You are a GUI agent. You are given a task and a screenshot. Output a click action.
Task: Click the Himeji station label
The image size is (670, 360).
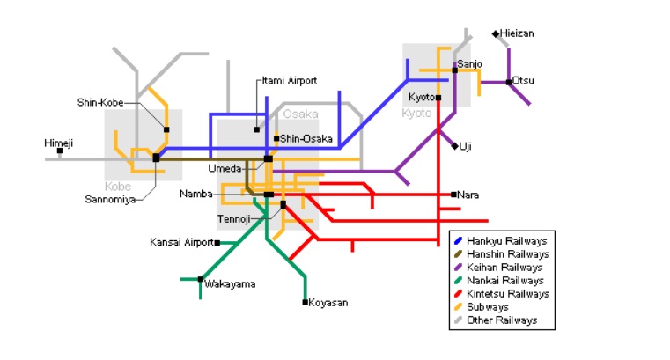59,143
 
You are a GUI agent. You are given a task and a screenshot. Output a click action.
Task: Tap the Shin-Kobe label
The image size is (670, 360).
100,102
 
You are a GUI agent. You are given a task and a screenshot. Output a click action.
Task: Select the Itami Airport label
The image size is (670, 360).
290,81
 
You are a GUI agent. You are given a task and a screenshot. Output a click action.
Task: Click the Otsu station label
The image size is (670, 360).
523,81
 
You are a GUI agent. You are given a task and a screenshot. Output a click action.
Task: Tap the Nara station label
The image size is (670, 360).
468,195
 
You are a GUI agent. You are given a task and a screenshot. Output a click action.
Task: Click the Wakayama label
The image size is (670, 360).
230,283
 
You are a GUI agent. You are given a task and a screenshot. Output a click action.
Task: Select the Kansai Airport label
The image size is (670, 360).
181,242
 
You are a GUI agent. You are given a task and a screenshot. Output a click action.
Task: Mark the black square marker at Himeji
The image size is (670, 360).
60,151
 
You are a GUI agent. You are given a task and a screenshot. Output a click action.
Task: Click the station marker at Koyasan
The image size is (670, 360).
305,303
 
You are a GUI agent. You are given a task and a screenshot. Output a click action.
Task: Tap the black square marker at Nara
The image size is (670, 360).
453,195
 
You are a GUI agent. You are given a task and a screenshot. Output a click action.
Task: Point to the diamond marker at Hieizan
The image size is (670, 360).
496,33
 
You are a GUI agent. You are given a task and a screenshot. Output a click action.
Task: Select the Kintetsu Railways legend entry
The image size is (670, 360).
508,294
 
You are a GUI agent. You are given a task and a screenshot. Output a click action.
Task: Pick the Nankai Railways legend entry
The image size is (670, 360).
504,281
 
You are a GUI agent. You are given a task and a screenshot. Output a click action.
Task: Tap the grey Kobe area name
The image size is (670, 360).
117,186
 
